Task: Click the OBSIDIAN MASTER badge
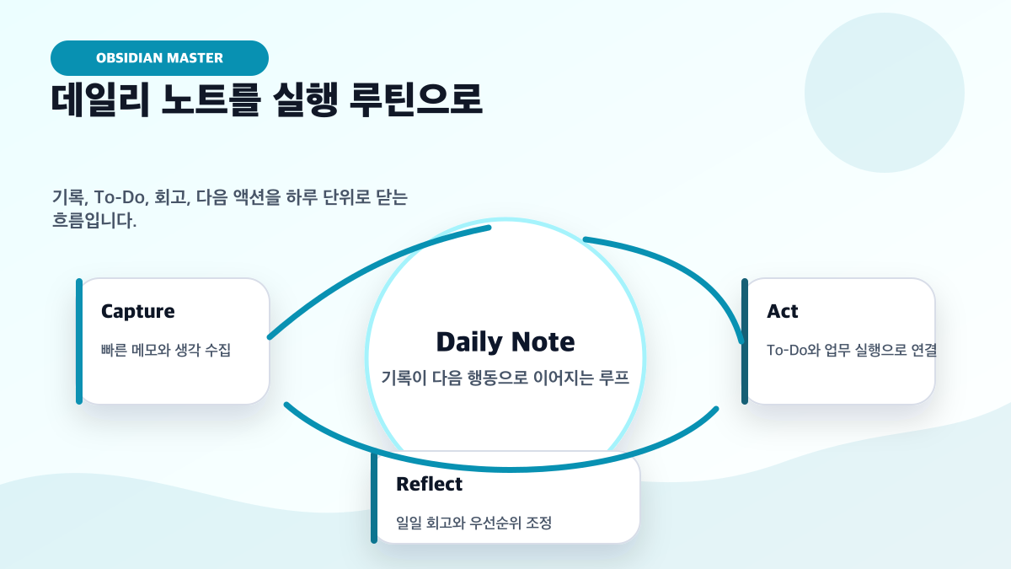159,58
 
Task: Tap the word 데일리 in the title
100,99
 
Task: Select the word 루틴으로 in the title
416,99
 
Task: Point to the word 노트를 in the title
211,99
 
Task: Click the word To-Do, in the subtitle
121,197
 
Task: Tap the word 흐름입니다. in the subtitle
94,220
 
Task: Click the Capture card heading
137,311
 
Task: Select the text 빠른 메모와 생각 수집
166,350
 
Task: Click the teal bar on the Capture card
79,341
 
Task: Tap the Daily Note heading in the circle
505,341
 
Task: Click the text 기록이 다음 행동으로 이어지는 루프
505,378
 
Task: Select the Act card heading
782,311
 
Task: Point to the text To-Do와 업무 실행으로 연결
852,350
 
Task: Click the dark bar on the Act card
745,341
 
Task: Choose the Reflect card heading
429,484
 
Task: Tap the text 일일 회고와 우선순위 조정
473,523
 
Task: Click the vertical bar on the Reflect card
374,497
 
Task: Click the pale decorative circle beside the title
885,93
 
